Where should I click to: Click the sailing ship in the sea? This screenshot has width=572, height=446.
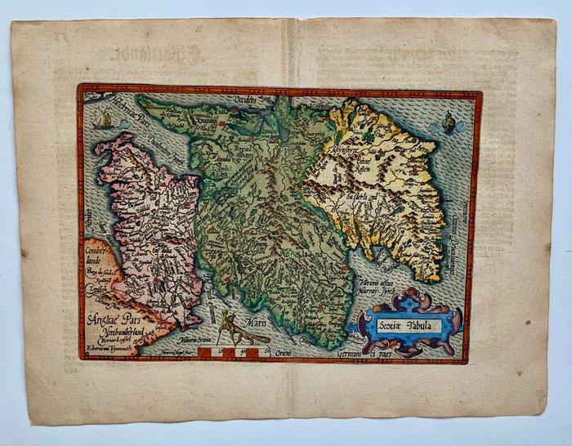tap(101, 123)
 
